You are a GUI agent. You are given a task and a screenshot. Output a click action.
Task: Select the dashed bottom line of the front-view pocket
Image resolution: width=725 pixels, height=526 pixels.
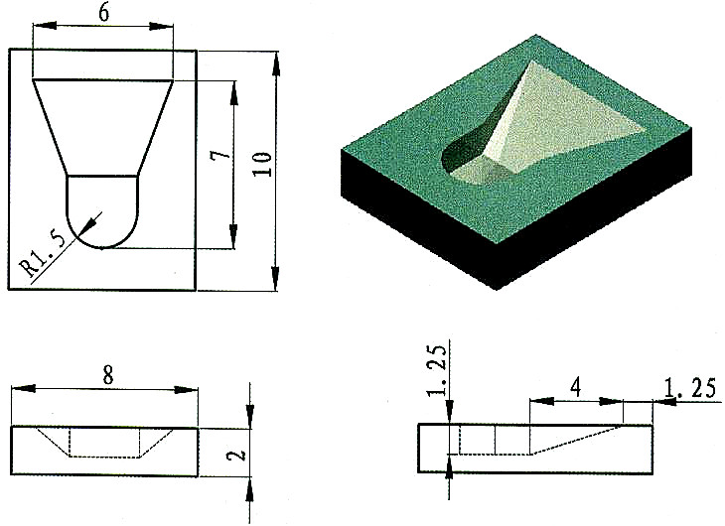103,457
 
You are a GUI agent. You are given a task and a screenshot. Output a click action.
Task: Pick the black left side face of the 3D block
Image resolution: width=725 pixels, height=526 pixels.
417,222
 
